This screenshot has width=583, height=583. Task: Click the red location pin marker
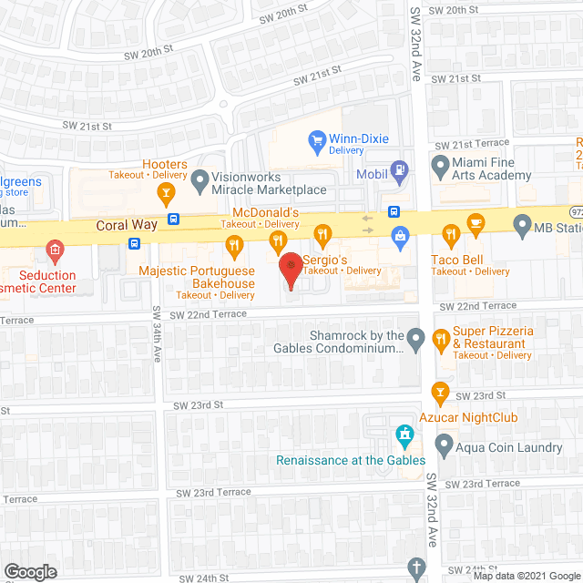(290, 267)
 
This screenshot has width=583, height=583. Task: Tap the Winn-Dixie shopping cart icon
(317, 139)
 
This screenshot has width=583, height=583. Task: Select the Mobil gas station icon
(398, 169)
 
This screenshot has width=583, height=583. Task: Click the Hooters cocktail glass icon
(165, 191)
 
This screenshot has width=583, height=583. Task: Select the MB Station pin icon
(522, 223)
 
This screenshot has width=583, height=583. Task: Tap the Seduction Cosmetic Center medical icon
(55, 249)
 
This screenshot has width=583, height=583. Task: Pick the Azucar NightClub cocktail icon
(441, 393)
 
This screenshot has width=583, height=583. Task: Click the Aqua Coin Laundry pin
(444, 445)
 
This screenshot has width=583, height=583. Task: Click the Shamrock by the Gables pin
(415, 341)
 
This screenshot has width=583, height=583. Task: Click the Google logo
(30, 571)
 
